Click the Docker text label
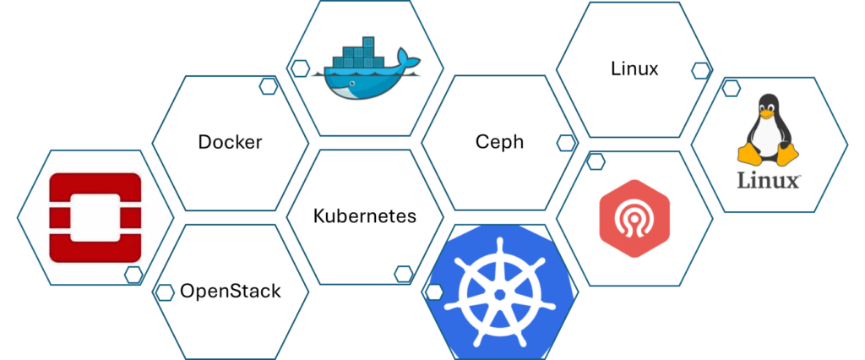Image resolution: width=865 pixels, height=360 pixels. [x=230, y=142]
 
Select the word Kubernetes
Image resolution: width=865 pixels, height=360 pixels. [x=364, y=215]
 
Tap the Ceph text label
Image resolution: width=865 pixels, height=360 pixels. [x=498, y=141]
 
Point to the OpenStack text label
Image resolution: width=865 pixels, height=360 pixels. [x=231, y=292]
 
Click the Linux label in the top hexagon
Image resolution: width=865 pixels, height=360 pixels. [x=634, y=68]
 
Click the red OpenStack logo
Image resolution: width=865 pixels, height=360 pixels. [x=95, y=217]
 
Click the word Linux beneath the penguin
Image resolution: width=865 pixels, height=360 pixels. [x=769, y=181]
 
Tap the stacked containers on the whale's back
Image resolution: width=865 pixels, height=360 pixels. [x=356, y=54]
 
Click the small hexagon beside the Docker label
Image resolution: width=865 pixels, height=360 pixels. [x=269, y=85]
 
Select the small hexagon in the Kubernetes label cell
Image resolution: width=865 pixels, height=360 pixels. [x=404, y=273]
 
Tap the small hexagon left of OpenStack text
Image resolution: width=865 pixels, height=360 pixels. [x=164, y=292]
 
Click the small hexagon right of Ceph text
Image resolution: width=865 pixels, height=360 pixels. [x=565, y=141]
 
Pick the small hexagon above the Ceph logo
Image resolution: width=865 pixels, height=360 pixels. [x=596, y=161]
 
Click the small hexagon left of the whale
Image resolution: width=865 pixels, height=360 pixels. [x=299, y=68]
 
